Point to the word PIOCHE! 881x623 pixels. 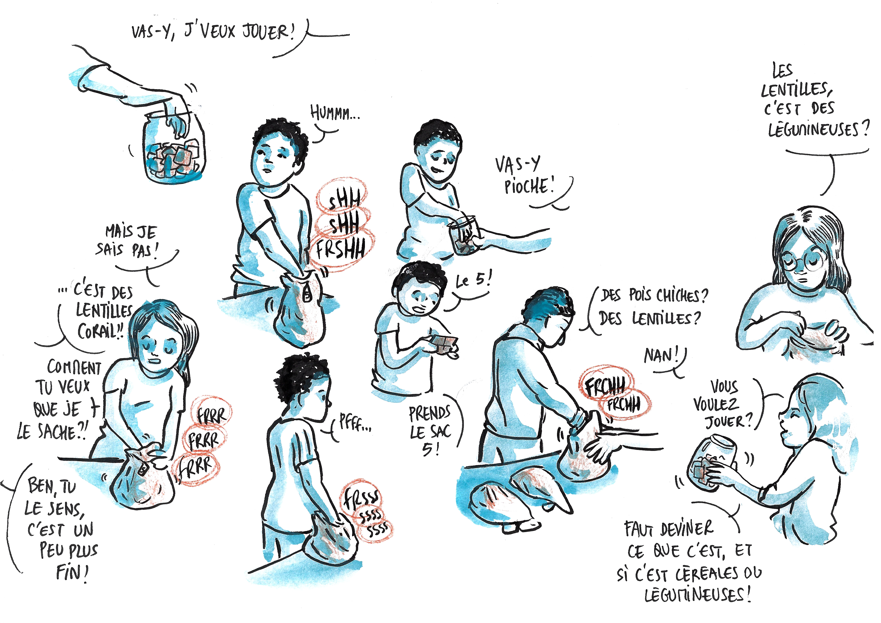529,186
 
